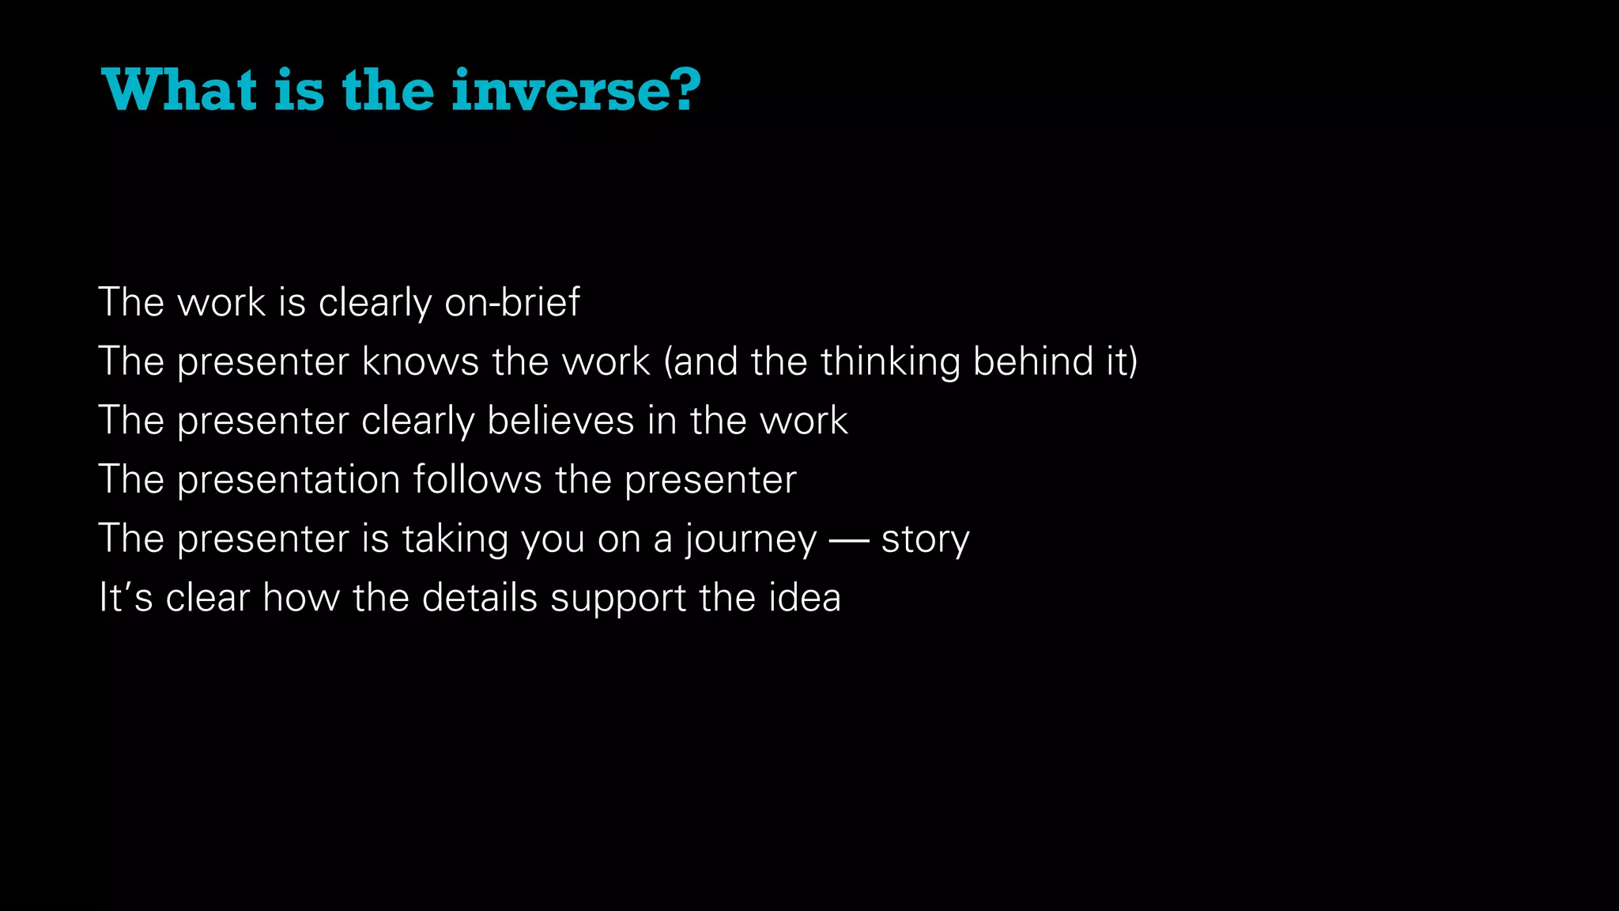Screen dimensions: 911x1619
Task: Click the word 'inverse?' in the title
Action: click(576, 90)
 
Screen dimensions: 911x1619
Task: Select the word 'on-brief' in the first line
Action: click(511, 302)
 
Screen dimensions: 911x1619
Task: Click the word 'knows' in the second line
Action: click(421, 361)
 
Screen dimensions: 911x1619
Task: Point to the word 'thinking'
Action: click(890, 361)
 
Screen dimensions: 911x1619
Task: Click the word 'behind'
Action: click(1028, 361)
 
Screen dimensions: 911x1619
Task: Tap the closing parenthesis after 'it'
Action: click(1133, 361)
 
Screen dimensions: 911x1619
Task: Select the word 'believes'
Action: click(560, 420)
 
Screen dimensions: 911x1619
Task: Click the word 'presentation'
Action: click(289, 479)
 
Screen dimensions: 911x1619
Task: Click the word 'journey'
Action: click(751, 540)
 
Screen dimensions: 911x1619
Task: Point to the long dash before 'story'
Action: click(849, 540)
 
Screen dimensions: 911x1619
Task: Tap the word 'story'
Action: click(925, 540)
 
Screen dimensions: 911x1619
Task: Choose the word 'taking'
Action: click(455, 540)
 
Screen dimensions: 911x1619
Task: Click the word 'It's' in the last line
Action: click(125, 597)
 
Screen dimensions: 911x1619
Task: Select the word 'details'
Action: click(479, 597)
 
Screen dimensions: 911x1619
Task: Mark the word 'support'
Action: click(618, 599)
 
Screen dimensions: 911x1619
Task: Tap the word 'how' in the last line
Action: click(301, 597)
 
